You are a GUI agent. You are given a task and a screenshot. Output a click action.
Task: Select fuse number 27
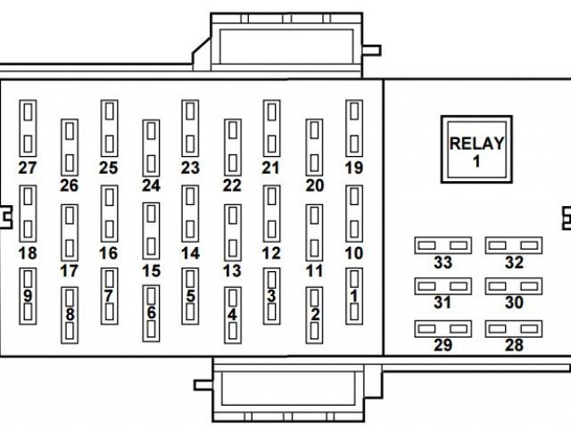(28, 128)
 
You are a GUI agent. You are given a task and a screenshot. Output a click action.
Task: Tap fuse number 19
(354, 128)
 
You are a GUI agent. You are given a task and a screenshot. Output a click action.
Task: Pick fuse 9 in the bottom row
(28, 295)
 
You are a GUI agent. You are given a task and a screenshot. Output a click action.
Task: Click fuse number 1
(354, 295)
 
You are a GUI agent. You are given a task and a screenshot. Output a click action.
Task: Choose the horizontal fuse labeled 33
(443, 244)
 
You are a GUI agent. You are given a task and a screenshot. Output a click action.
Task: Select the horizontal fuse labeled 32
(513, 244)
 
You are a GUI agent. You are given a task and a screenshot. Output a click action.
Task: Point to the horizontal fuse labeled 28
(513, 328)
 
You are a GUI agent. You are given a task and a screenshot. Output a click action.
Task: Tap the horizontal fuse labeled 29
(443, 328)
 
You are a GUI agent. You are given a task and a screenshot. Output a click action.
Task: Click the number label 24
(151, 185)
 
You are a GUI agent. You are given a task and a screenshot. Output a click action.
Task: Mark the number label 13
(232, 270)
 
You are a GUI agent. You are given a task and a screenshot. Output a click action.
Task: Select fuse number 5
(190, 295)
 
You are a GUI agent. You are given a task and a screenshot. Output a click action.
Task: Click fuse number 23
(190, 128)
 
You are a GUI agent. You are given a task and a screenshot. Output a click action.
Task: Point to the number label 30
(513, 302)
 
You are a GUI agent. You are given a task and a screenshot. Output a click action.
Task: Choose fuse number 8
(69, 314)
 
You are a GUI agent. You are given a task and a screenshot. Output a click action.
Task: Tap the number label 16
(108, 253)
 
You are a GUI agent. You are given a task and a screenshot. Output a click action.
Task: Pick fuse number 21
(271, 128)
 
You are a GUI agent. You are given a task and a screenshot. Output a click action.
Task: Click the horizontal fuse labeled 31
(443, 286)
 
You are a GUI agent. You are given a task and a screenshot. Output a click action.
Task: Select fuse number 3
(271, 295)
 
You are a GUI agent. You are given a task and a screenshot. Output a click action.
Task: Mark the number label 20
(313, 185)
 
